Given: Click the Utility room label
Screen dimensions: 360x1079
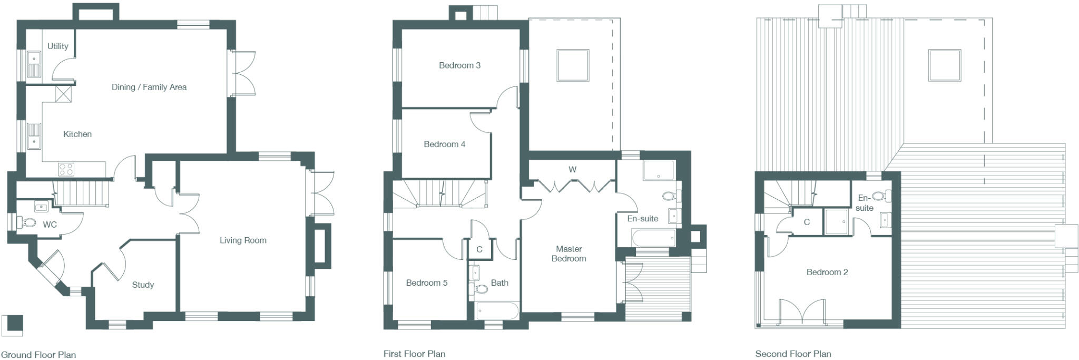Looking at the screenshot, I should point(57,46).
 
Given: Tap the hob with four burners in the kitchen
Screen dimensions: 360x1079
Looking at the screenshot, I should point(66,169).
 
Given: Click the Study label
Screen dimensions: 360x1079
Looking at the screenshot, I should point(143,285).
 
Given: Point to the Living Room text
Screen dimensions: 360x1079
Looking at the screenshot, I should point(243,240).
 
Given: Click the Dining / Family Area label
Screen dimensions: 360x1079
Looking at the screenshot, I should point(149,87).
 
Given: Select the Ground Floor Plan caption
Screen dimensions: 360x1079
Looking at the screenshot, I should point(38,355).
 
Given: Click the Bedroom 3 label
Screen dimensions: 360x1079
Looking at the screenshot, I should point(459,65).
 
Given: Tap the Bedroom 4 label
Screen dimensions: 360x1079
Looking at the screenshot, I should point(444,144).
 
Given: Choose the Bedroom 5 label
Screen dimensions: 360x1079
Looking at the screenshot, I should point(426,283).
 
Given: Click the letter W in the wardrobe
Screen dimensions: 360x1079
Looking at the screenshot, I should point(572,170).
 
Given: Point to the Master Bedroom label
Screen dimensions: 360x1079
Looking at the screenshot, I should point(568,254).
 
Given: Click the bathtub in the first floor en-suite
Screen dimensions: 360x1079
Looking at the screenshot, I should point(654,238).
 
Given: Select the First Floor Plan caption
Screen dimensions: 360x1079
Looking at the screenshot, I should point(414,354).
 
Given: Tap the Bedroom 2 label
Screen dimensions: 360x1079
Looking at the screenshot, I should point(827,272).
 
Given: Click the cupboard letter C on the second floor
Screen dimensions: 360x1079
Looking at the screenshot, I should point(806,222).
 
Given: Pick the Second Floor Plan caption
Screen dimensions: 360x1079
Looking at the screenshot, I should point(793,354).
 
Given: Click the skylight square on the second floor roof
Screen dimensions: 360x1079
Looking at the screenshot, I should point(944,65).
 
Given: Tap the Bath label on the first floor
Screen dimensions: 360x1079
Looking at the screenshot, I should point(499,283).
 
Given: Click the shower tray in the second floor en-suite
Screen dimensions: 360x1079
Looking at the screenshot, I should point(836,221).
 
